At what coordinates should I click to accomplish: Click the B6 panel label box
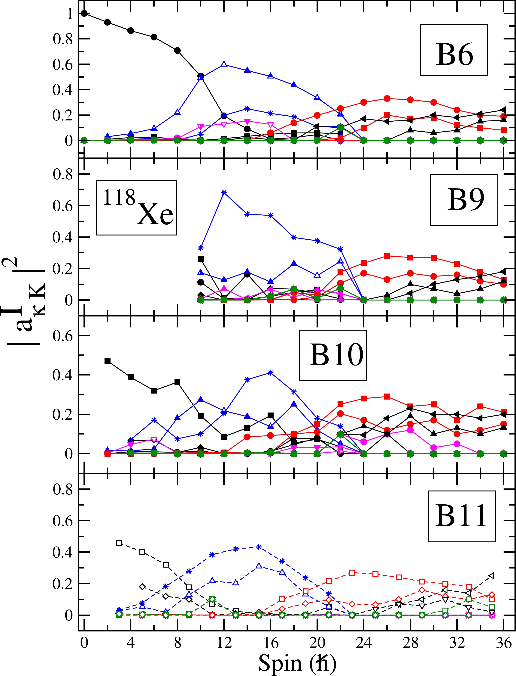pos(454,50)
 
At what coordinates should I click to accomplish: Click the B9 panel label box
pos(464,200)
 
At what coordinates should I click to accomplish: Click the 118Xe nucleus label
pos(136,208)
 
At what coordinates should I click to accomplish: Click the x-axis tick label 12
pos(224,643)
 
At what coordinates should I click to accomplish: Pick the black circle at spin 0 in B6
pos(84,13)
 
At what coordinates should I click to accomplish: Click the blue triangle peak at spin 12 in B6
pos(224,64)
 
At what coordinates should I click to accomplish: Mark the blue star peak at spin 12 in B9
pos(224,192)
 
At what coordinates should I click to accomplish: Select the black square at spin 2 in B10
pos(108,361)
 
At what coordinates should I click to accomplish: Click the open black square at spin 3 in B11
pos(119,543)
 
